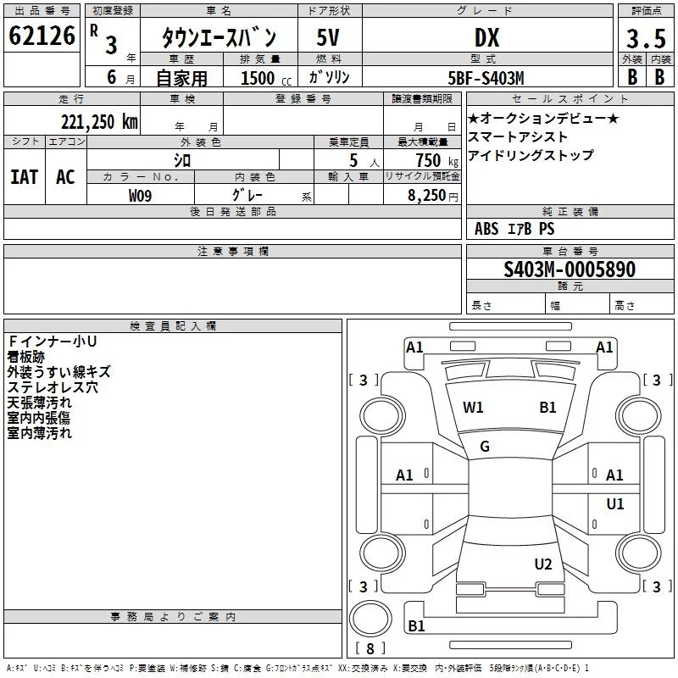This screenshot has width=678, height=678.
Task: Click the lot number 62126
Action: point(42,36)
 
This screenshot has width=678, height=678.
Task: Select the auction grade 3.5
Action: point(646,38)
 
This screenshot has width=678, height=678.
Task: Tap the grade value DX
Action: point(486,37)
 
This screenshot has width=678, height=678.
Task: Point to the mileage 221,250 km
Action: point(99,122)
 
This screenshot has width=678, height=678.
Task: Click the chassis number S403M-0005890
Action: point(570,269)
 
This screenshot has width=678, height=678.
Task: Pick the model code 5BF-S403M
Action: point(486,78)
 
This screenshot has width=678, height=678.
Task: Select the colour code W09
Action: point(140,196)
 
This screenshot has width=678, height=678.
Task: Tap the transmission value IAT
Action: point(25,177)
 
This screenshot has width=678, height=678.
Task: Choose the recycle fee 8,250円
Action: point(433,196)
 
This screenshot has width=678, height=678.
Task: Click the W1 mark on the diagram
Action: point(473,407)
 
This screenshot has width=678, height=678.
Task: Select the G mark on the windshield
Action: point(485,447)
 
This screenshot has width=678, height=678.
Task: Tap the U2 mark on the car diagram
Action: point(543,564)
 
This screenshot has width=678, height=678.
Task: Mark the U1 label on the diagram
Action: point(615,503)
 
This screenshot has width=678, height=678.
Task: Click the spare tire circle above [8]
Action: point(370,619)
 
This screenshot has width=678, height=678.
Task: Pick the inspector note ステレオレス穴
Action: point(53,387)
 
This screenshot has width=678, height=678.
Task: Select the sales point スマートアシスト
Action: point(518,136)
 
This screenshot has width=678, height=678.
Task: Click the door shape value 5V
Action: point(328,37)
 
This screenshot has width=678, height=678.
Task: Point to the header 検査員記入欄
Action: point(173,326)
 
